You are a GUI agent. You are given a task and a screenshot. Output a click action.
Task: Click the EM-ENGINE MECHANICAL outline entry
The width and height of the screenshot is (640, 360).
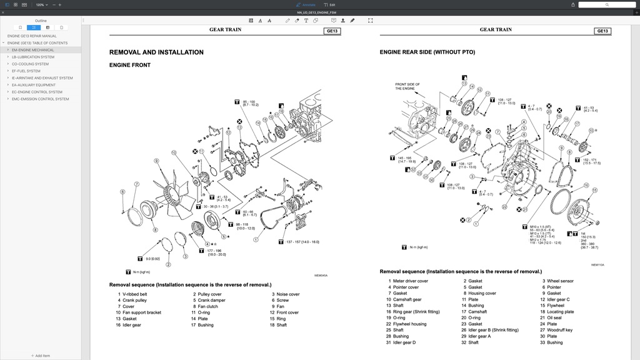[x=32, y=50]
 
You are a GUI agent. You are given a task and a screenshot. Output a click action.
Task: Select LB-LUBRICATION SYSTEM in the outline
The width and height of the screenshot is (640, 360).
[x=32, y=57]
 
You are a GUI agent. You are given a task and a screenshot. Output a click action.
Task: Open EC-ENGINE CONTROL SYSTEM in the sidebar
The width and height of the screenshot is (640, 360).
[x=37, y=92]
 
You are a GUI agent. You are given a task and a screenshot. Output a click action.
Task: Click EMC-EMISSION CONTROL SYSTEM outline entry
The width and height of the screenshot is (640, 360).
[x=40, y=99]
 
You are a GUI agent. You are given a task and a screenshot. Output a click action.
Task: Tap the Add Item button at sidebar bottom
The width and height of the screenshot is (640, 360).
[x=41, y=356]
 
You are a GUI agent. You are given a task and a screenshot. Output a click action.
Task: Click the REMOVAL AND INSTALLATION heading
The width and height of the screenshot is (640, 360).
[x=156, y=52]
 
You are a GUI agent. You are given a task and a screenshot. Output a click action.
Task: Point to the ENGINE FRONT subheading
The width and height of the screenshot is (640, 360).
[x=130, y=65]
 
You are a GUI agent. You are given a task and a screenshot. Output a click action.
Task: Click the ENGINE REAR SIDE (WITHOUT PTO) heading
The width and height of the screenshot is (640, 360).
[x=427, y=52]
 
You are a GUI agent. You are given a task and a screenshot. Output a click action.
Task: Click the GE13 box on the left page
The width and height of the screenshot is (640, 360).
[x=332, y=31]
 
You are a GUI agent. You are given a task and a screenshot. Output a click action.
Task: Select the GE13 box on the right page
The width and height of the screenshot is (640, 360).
[x=602, y=31]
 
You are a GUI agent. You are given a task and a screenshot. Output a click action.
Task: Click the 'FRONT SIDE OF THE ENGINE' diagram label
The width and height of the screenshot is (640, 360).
[x=407, y=86]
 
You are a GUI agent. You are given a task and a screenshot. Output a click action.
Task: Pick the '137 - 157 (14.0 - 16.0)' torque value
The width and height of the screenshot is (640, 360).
[x=302, y=242]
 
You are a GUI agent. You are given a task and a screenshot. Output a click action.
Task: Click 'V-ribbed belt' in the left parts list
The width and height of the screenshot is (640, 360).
[x=134, y=294]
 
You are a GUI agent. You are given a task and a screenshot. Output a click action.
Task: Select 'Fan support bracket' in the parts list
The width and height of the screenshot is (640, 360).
[x=141, y=312]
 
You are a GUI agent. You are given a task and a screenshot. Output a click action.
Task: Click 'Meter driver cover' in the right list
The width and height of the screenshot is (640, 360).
[x=410, y=281]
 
